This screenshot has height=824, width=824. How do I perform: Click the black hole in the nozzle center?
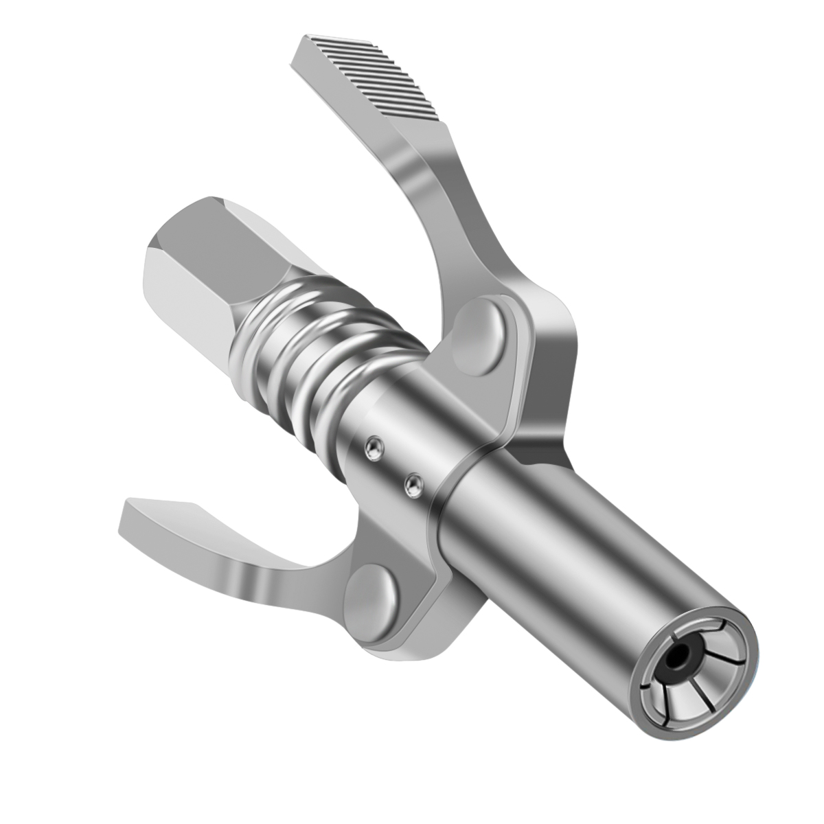pos(682,659)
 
